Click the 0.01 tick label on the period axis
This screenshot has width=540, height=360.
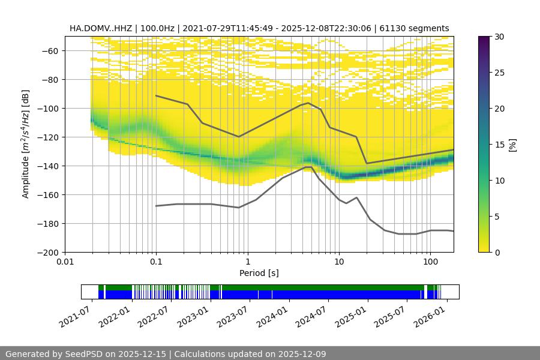(65, 262)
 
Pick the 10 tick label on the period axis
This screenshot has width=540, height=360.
(338, 262)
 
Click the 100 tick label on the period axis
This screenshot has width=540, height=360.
(430, 262)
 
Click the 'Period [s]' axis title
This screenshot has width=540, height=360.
(259, 273)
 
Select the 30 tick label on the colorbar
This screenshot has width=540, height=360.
(499, 37)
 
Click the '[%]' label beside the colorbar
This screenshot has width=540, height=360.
(512, 145)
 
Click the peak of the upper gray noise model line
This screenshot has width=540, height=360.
(308, 103)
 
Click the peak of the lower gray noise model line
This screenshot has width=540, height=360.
(308, 167)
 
